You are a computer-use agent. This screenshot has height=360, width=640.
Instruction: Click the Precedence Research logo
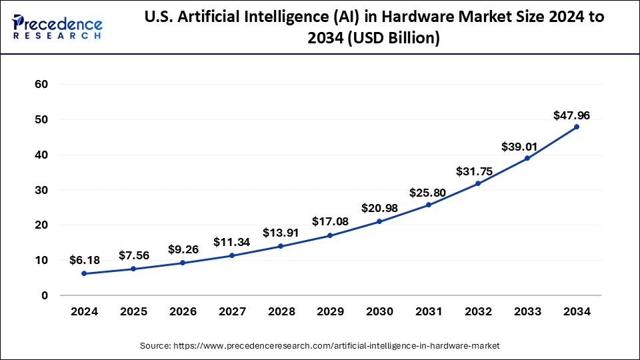point(57,27)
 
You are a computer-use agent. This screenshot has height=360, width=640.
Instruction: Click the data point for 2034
point(576,127)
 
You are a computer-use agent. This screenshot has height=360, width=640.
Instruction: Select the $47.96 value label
point(571,115)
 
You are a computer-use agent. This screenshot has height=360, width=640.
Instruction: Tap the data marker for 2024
point(83,273)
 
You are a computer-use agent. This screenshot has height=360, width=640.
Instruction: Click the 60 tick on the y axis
point(41,85)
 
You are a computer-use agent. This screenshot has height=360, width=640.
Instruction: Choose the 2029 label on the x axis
point(329,311)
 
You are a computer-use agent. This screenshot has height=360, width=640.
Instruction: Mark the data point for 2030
point(379,221)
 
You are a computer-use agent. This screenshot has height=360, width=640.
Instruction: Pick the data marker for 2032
point(477,183)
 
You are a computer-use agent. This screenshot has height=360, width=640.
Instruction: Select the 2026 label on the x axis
point(182,311)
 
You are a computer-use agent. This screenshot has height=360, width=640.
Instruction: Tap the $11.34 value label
point(231,242)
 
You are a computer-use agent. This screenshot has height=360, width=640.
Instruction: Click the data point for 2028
point(281,246)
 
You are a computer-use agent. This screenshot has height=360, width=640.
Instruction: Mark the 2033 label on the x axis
point(527,311)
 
